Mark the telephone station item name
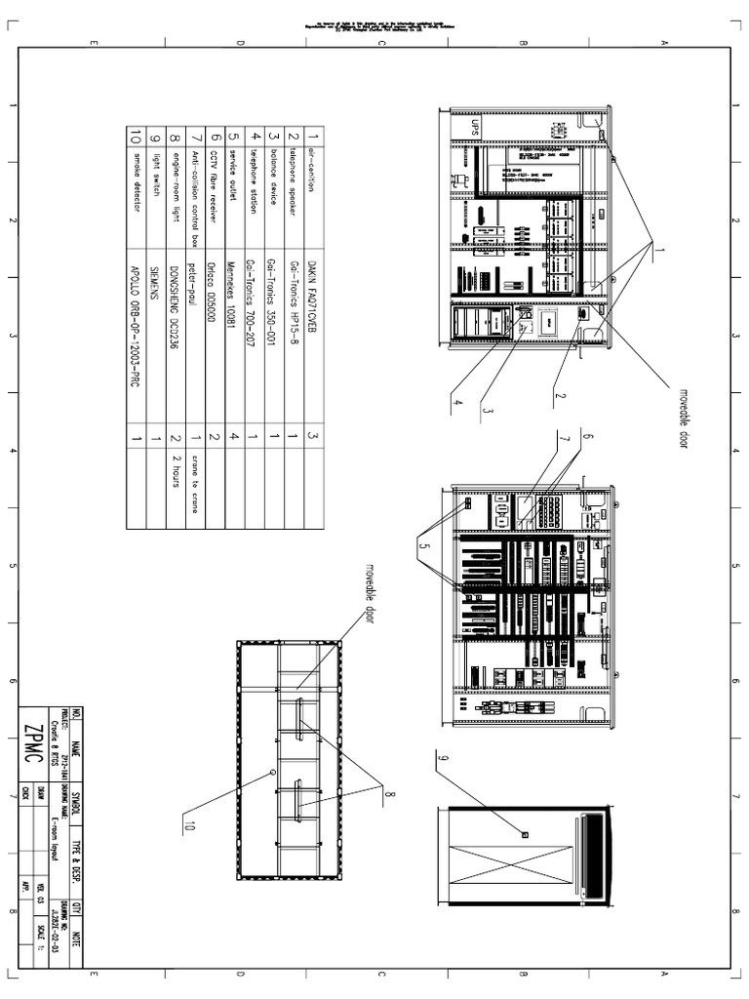click(x=254, y=180)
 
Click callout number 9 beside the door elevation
click(x=443, y=758)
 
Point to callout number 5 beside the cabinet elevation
click(x=421, y=547)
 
